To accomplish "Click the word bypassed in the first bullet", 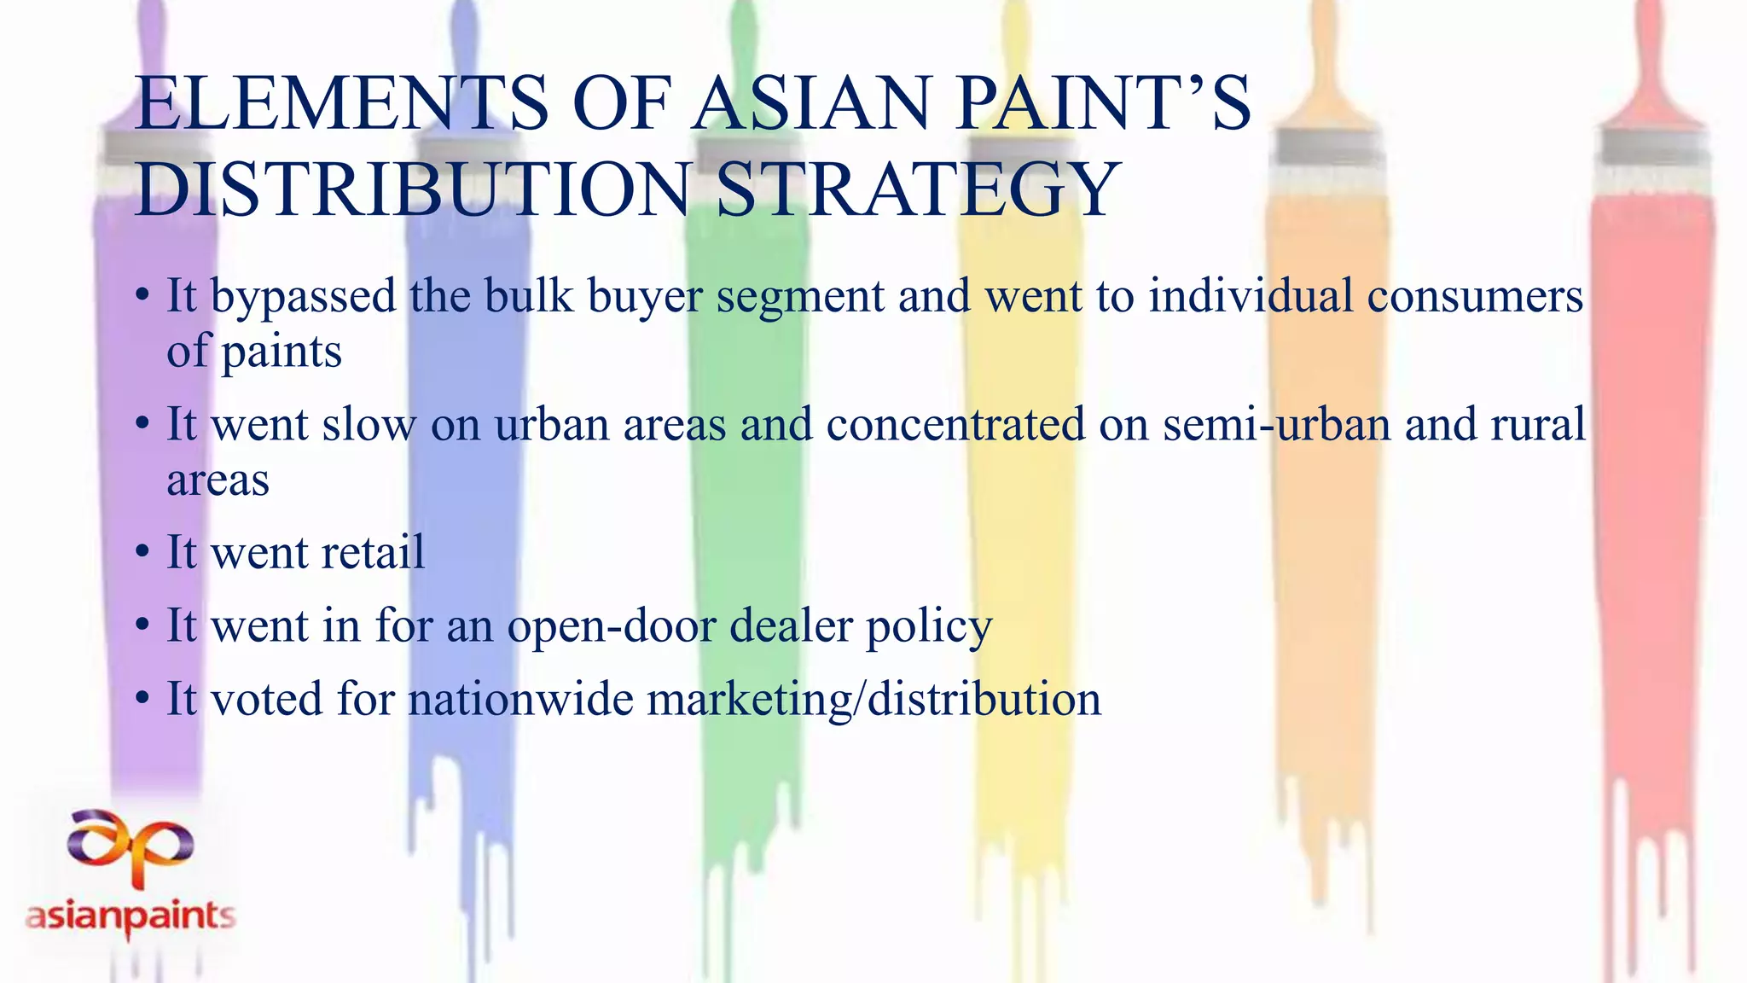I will click(x=303, y=298).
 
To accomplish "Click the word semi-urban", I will click(x=1277, y=424).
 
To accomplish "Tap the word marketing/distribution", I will click(x=874, y=700).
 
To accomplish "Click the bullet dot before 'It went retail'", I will click(x=142, y=553).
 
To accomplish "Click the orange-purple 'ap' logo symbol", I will click(x=131, y=844).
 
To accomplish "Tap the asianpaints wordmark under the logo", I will click(x=131, y=917).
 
